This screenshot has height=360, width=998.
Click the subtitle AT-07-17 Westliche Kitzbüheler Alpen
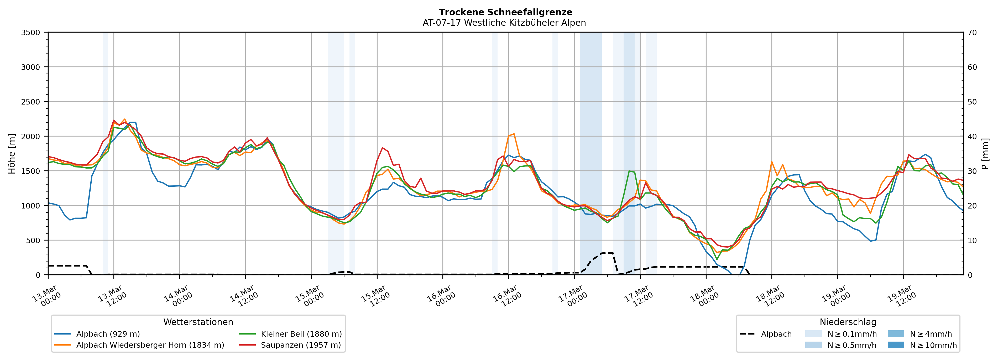point(504,23)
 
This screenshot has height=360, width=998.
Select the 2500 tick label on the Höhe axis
point(31,102)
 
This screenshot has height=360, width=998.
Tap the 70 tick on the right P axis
point(972,33)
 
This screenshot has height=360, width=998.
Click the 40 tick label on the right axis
point(972,136)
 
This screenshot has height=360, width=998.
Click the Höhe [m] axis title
point(12,154)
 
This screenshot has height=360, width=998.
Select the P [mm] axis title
point(985,154)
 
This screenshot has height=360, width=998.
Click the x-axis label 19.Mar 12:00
point(901,296)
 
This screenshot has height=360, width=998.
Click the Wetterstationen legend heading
point(198,322)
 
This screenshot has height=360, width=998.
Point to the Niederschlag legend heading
point(848,322)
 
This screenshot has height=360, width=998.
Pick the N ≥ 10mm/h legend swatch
point(895,345)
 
